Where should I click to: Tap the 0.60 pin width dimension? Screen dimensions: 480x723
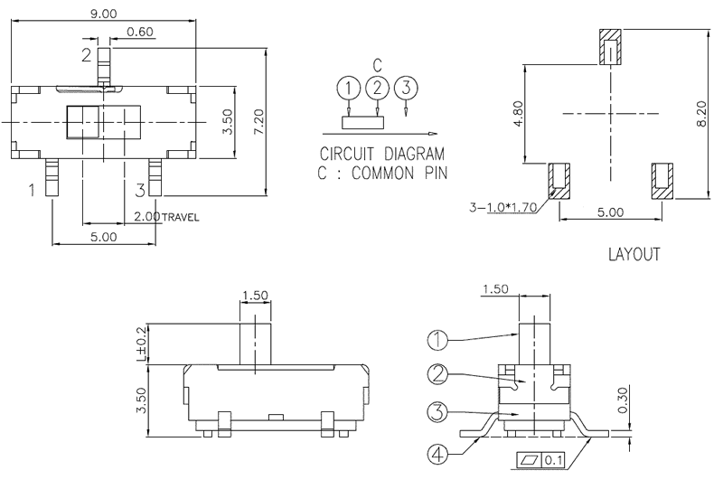[x=140, y=33]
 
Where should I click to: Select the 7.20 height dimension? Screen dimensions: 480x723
[x=259, y=120]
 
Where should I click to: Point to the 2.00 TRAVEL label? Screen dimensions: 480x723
[x=165, y=217]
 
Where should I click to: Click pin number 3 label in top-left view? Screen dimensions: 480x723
[x=140, y=190]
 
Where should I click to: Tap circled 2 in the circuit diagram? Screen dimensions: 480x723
[x=377, y=88]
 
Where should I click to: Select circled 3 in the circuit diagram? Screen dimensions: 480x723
[x=406, y=88]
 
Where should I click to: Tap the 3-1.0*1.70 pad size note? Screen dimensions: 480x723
[x=504, y=207]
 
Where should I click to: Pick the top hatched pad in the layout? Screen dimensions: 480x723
[x=612, y=48]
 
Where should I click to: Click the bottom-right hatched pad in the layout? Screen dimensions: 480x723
[x=662, y=180]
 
